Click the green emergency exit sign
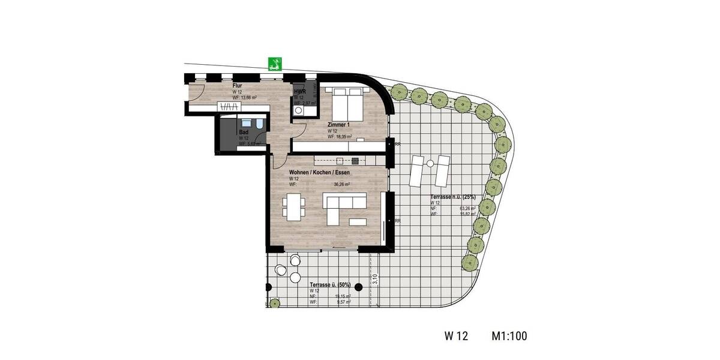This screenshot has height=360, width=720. point(276,64)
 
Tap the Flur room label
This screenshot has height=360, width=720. point(237,86)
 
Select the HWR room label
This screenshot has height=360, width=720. point(299,92)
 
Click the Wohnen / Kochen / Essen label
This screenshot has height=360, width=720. point(319,172)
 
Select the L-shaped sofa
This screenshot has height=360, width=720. point(344,208)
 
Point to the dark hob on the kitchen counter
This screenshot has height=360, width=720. point(355,160)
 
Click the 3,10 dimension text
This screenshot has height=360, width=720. point(374,279)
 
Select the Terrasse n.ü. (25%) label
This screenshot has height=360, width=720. point(453,197)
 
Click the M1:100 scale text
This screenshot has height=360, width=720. point(509,336)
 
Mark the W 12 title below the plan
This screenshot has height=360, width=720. point(457,336)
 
